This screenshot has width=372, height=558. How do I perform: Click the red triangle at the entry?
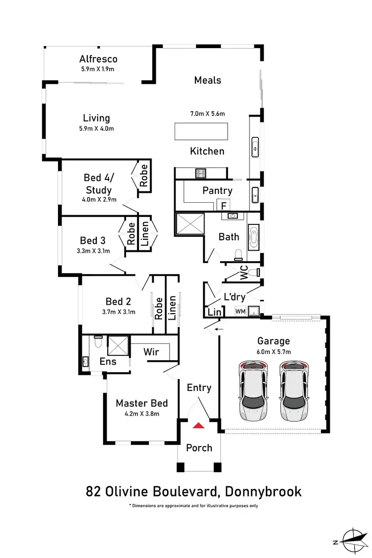point(199,425)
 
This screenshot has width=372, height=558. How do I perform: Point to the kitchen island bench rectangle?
point(201,132)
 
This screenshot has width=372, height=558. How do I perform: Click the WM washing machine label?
point(240,311)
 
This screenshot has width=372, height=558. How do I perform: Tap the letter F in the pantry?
point(224,205)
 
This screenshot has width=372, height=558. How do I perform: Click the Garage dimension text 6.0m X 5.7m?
point(273,352)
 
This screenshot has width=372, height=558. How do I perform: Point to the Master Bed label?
point(142,403)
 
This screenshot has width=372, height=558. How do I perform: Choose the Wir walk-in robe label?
point(151,351)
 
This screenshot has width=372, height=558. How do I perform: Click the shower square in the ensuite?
point(118,344)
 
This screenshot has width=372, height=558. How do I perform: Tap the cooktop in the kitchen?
point(201,173)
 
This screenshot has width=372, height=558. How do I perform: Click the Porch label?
point(199,447)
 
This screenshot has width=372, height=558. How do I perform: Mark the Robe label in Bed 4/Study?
point(144,175)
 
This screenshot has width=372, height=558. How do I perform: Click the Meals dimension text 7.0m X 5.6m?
point(207,114)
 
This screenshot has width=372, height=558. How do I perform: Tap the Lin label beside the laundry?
point(214,312)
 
